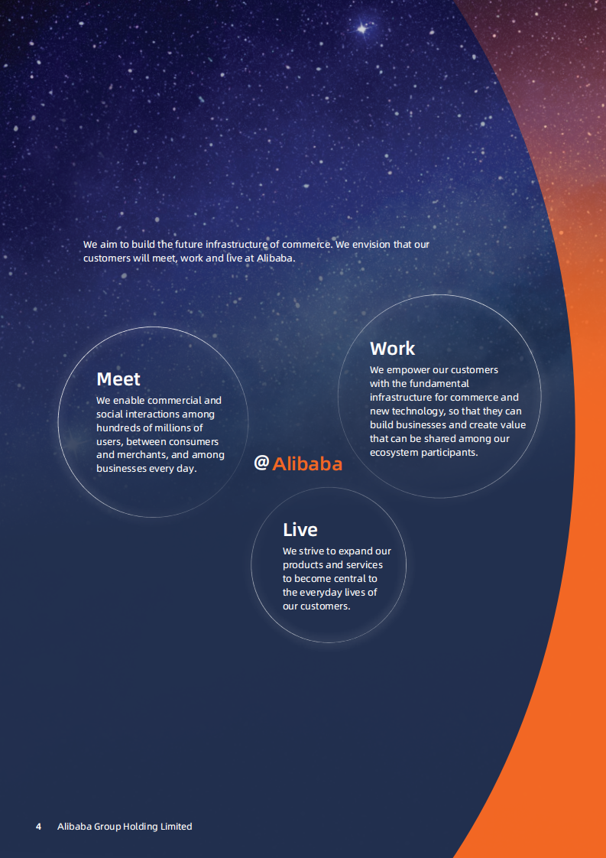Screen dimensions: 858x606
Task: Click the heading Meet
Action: (118, 379)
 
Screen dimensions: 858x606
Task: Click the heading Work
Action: (392, 349)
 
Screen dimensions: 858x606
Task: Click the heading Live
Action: (300, 530)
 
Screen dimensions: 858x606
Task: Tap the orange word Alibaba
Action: (307, 464)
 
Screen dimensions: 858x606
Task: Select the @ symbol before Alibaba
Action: (261, 463)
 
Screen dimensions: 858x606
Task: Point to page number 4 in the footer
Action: (38, 827)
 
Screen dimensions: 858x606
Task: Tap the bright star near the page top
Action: (361, 29)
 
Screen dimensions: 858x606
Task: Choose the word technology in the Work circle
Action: (413, 411)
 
